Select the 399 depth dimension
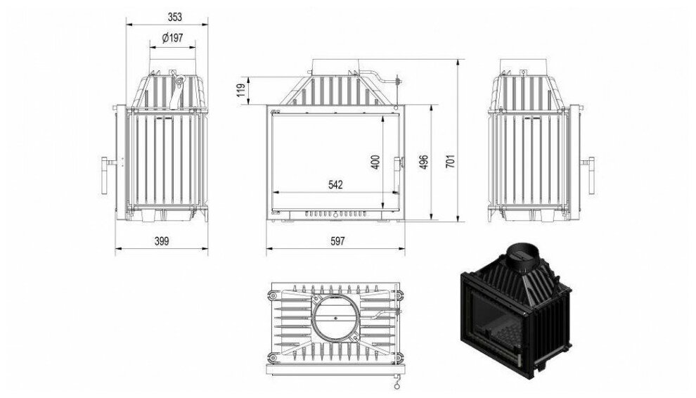point(162,240)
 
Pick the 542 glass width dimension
point(335,184)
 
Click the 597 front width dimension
point(337,240)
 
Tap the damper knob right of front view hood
point(397,80)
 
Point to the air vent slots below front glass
point(335,212)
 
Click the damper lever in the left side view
point(177,91)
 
